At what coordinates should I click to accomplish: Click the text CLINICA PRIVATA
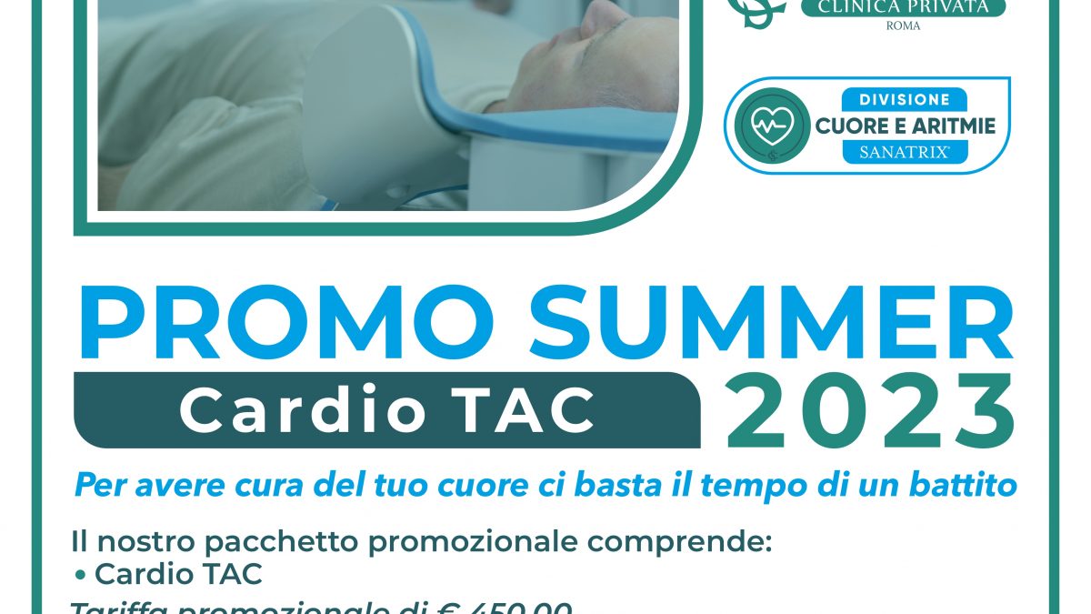click(902, 7)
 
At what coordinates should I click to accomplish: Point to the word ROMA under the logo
click(903, 26)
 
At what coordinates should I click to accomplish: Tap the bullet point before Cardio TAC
click(81, 575)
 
